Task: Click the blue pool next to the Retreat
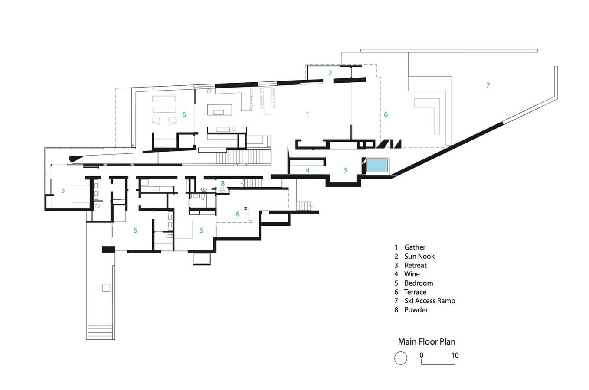377,165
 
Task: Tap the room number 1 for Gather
308,114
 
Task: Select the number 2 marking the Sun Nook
330,73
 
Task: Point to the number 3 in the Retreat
345,170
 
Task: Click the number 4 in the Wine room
308,170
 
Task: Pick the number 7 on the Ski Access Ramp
488,85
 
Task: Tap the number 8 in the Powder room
223,183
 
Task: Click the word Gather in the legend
415,247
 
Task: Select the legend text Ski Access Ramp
430,301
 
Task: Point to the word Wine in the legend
412,274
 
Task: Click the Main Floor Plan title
426,341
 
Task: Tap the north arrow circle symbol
400,358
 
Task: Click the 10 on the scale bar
455,355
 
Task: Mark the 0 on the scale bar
422,355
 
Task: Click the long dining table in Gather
268,101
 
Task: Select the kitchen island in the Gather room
220,110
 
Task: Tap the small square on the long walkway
106,288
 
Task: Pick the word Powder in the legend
416,310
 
